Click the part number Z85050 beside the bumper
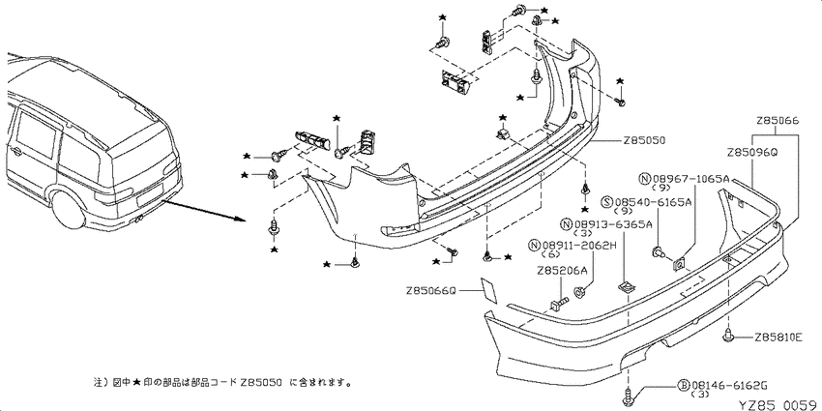[x=644, y=140]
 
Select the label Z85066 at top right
[x=778, y=121]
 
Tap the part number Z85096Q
[x=751, y=153]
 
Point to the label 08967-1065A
[x=690, y=179]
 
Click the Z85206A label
[x=562, y=271]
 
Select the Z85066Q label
[x=431, y=290]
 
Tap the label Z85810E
[x=778, y=338]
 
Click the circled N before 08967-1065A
[x=645, y=179]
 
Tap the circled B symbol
[x=684, y=387]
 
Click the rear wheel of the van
[x=69, y=211]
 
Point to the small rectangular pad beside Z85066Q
[x=489, y=290]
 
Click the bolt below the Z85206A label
[x=559, y=303]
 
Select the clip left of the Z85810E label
[x=728, y=336]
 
